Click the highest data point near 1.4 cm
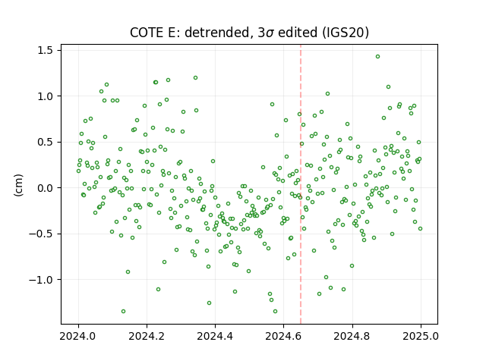pyautogui.click(x=377, y=57)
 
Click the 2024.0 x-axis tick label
pyautogui.click(x=78, y=336)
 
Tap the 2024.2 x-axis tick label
pyautogui.click(x=147, y=336)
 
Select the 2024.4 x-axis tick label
pyautogui.click(x=215, y=336)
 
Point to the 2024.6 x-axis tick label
pyautogui.click(x=283, y=336)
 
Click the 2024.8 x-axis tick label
pyautogui.click(x=352, y=336)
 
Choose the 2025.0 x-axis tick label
pyautogui.click(x=421, y=336)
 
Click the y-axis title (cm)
pyautogui.click(x=18, y=185)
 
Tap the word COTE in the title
pyautogui.click(x=144, y=33)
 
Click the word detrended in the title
pyautogui.click(x=217, y=33)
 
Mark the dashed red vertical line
pyautogui.click(x=301, y=184)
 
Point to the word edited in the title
pyautogui.click(x=298, y=33)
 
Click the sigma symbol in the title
pyautogui.click(x=270, y=33)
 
